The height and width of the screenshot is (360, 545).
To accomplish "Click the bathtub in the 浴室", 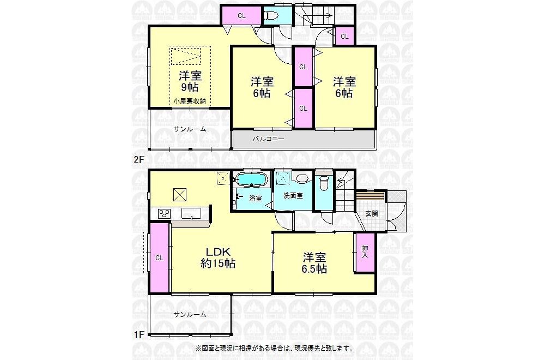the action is point(251,180).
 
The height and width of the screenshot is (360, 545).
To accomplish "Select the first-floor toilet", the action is point(324,183).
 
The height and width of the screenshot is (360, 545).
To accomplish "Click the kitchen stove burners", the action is point(164,213).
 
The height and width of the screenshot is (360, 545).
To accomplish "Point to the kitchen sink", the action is point(192,213).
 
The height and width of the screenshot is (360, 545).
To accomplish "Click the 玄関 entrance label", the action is point(372,213).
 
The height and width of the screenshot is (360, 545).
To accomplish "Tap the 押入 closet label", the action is point(365,252).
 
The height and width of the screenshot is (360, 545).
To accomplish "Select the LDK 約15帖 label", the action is point(219,258).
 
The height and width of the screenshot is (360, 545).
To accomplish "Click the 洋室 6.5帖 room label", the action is point(314,263).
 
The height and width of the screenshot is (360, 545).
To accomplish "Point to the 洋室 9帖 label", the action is point(190,81).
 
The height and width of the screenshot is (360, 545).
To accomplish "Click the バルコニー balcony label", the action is point(268,139).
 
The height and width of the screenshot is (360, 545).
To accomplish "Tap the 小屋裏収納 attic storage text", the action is point(190,101).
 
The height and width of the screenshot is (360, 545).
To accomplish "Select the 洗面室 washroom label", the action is point(293,196).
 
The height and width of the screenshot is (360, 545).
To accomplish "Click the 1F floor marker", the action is point(138,335).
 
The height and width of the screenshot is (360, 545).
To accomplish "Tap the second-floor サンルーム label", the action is point(190,129).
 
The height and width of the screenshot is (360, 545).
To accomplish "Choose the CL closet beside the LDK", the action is point(160,258).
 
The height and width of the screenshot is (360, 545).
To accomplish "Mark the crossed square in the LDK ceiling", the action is point(180,194).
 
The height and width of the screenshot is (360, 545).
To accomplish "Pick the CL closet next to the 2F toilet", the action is point(241,16).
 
